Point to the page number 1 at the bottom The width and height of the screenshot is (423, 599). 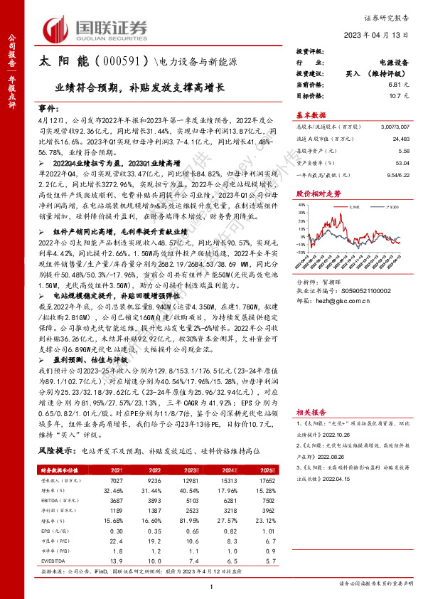pyautogui.click(x=211, y=585)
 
